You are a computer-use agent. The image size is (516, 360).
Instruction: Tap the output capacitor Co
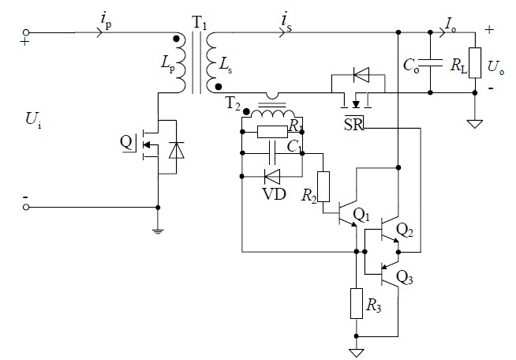coord(430,62)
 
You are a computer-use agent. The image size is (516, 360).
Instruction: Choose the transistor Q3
coord(389,276)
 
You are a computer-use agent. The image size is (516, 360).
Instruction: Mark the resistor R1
coord(271,131)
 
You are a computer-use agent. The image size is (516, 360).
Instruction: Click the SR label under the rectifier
coord(353,126)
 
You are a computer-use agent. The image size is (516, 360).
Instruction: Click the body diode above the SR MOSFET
coord(361,76)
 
